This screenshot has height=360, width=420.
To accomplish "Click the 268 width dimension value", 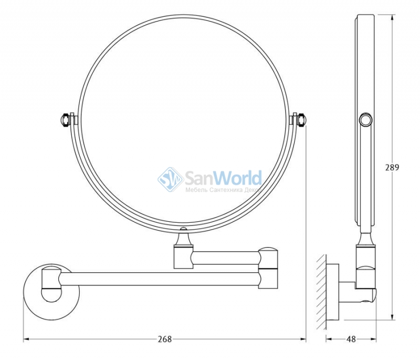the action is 164,340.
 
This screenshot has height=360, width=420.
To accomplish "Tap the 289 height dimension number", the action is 392,167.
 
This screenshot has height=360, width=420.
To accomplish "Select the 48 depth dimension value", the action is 351,340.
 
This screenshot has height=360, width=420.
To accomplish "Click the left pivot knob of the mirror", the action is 65,119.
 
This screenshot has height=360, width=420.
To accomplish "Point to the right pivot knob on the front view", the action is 301,120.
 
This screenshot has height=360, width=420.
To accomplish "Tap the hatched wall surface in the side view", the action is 321,292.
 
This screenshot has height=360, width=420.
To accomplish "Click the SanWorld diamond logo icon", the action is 170,179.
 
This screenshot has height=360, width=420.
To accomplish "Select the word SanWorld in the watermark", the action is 223,178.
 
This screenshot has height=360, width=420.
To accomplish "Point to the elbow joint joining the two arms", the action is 268,268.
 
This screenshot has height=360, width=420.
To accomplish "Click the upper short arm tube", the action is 226,258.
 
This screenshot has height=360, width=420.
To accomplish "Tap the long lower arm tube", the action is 159,279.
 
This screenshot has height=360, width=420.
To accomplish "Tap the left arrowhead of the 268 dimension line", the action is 26,340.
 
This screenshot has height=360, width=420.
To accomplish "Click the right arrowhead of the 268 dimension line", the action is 303,340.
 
